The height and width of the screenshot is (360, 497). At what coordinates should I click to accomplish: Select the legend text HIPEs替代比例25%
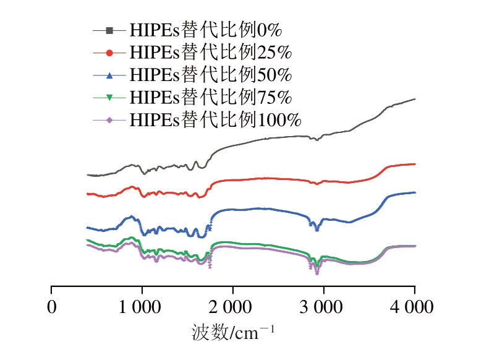(210, 51)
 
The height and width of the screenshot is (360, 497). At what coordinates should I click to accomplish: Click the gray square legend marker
(109, 30)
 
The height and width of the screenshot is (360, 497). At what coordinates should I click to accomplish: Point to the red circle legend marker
(109, 52)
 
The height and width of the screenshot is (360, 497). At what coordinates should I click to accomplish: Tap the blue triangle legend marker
(109, 75)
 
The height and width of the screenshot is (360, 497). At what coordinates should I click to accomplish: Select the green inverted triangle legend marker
(109, 97)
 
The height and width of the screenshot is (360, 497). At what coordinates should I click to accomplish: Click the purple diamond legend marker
(109, 119)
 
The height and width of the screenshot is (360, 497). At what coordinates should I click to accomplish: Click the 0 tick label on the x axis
(52, 307)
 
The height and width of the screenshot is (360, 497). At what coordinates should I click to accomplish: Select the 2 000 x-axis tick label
(233, 307)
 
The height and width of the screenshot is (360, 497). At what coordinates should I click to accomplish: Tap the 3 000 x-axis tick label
(323, 307)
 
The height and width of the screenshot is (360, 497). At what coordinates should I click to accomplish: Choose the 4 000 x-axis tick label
(414, 307)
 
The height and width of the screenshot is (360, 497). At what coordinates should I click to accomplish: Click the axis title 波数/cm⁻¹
(233, 333)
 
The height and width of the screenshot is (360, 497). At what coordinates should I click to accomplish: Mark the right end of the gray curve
(414, 99)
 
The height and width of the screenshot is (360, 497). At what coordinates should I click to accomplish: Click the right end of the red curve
(414, 164)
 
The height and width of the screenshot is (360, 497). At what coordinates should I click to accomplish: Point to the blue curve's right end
(414, 192)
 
